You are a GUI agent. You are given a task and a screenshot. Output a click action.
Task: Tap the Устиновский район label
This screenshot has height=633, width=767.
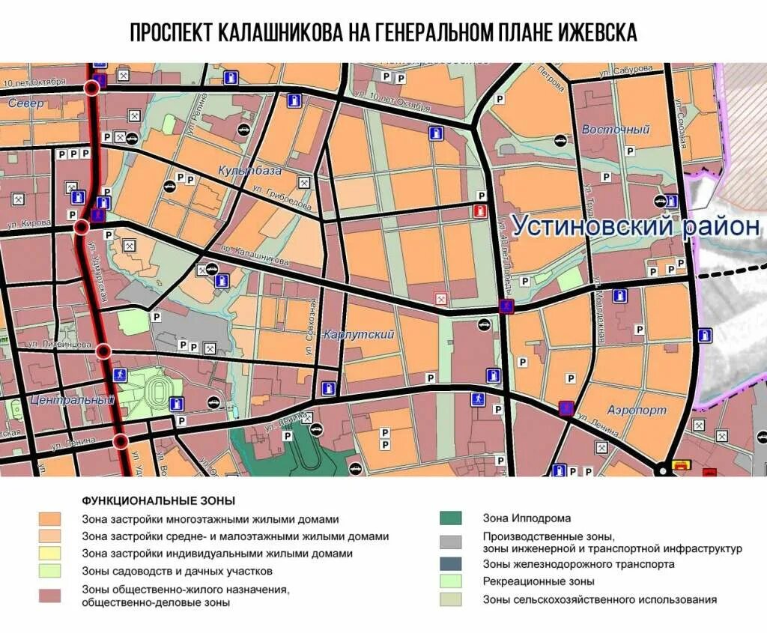coord(635,225)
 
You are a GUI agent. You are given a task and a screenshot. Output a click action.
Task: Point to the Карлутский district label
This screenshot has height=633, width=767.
coord(359,335)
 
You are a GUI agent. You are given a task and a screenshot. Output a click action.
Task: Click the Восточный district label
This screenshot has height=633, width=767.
coord(615,130)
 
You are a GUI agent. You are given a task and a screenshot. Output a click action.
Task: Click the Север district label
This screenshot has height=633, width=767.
coord(26,103)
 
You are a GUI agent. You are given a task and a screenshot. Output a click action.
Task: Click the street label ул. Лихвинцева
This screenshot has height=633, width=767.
coord(58,344)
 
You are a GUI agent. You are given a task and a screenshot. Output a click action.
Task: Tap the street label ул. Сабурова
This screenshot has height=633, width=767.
coord(626,71)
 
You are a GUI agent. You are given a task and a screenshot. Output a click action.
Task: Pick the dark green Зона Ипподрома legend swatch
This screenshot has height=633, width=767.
coord(451,518)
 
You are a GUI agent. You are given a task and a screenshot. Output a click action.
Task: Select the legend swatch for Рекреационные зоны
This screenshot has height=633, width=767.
coord(451,581)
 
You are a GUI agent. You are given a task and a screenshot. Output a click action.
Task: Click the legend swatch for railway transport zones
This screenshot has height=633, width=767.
coord(451,563)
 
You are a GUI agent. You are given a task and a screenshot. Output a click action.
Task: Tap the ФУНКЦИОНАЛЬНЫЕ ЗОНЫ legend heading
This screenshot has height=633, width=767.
coord(158,500)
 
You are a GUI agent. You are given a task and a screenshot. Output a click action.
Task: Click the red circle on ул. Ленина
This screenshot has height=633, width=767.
coord(121,440)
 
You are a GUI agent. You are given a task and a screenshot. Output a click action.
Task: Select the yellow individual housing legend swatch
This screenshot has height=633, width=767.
coord(51,554)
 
